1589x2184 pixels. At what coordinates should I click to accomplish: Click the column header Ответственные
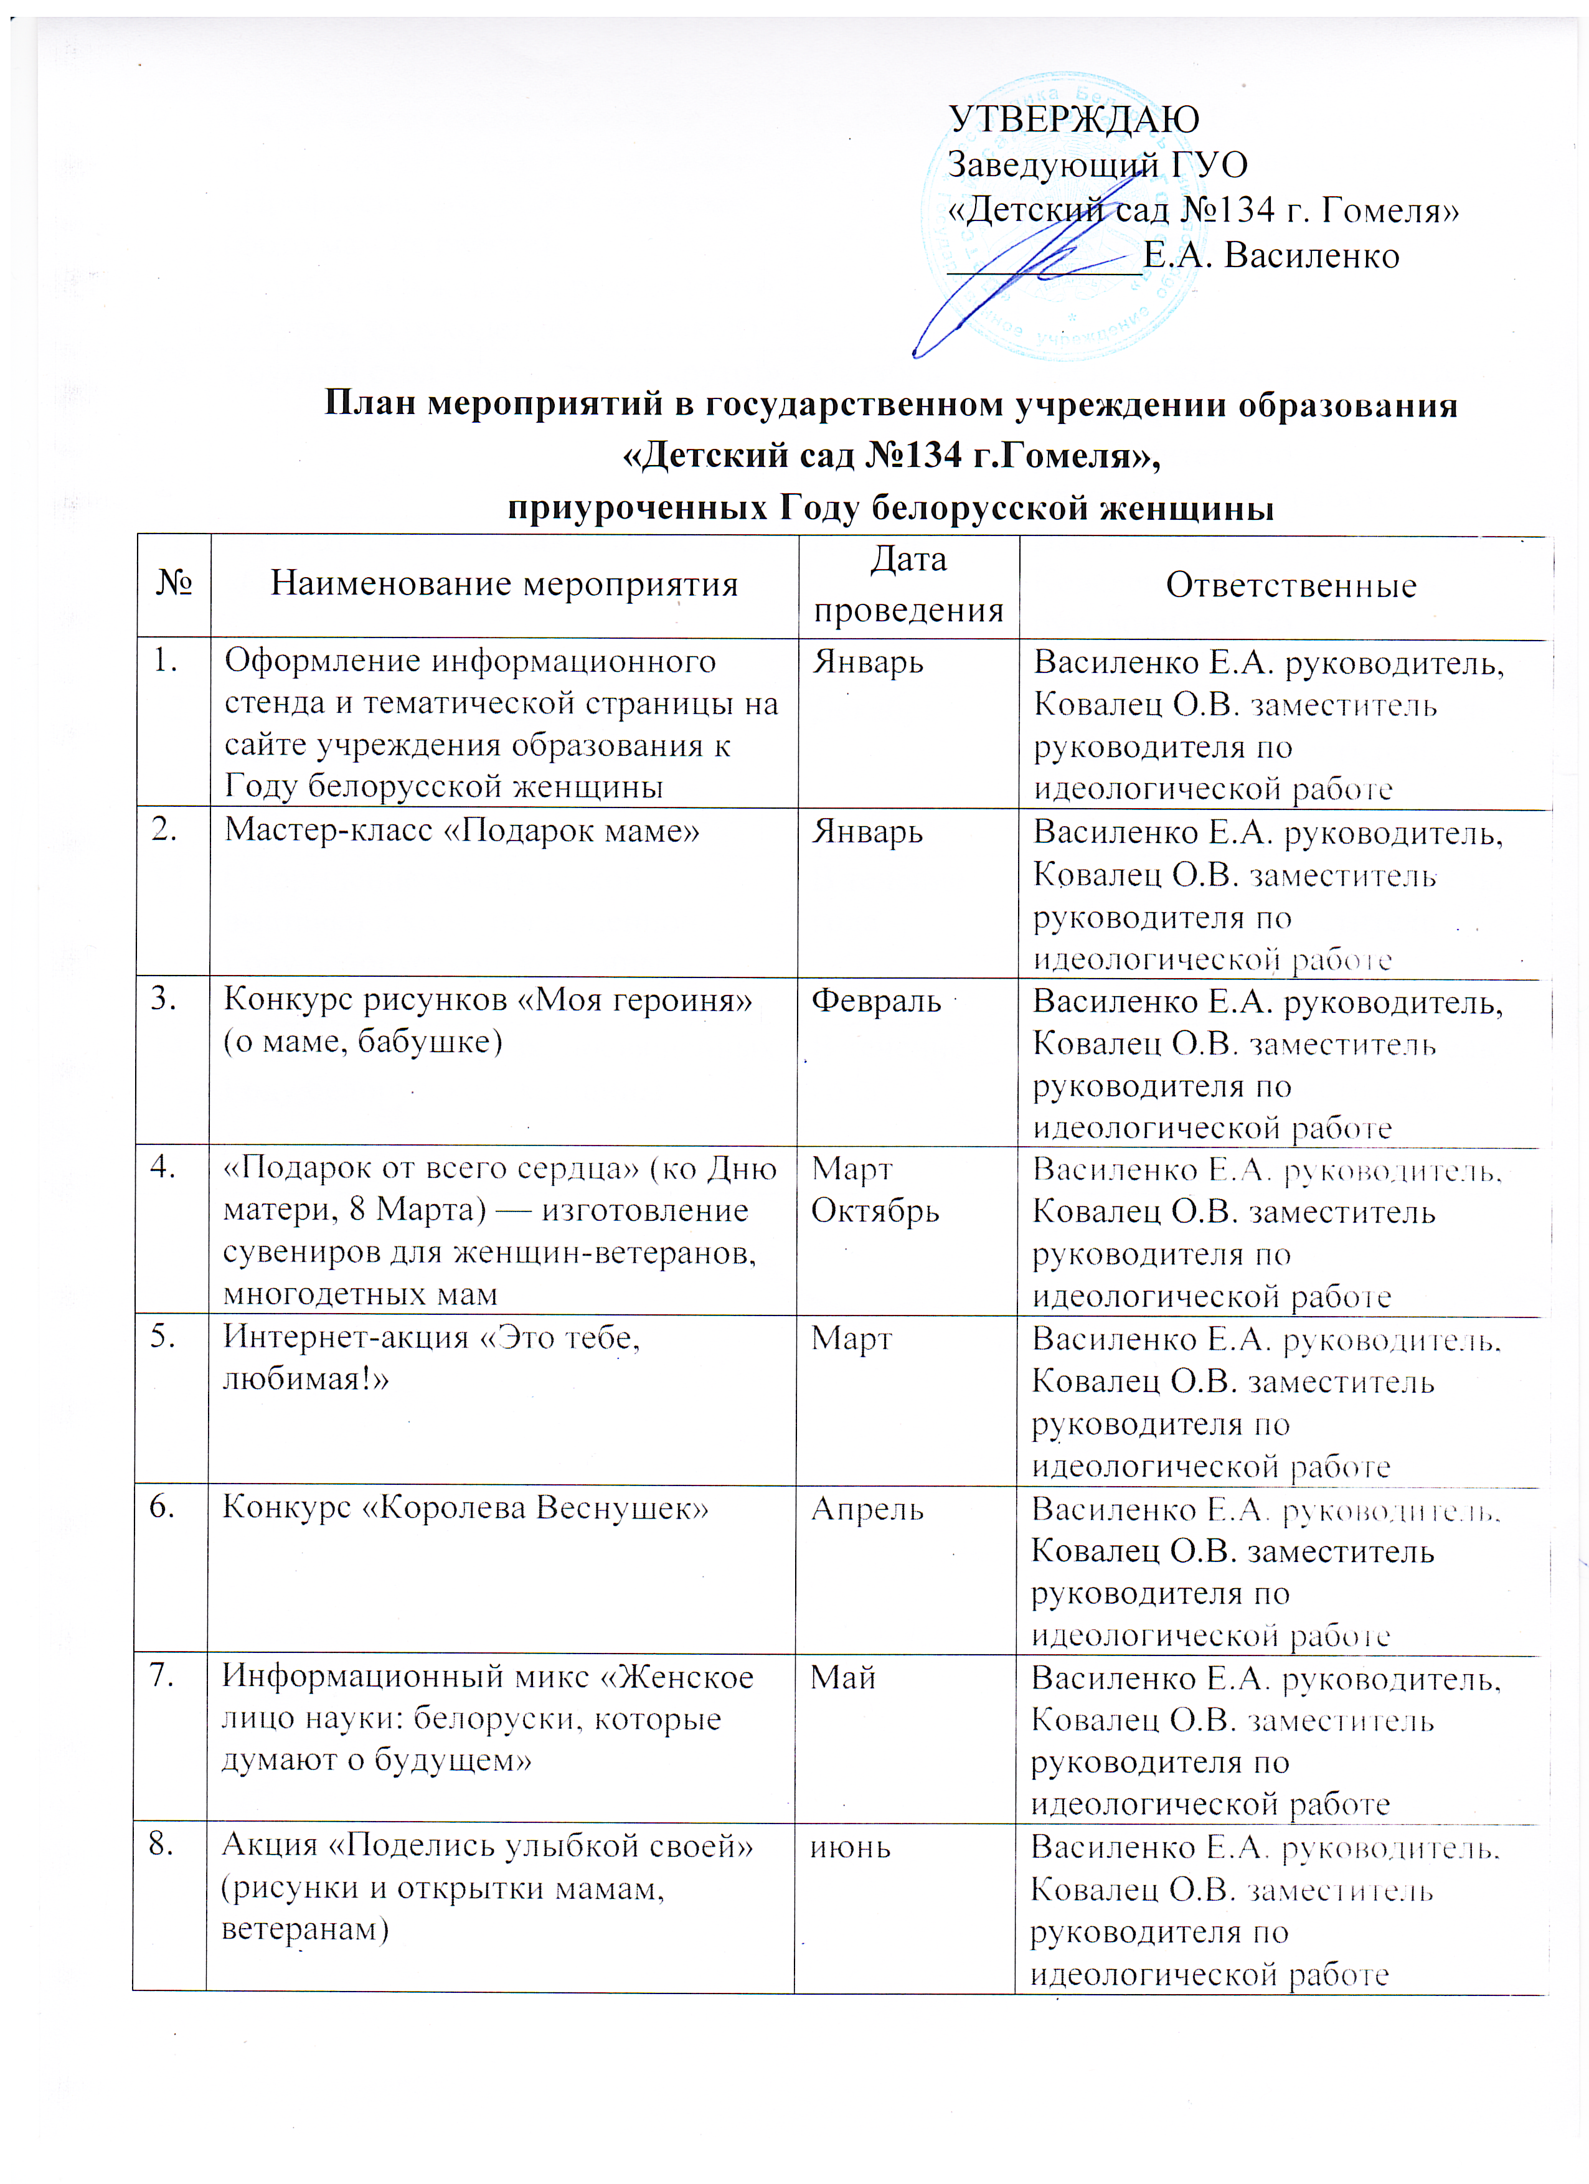coord(1291,585)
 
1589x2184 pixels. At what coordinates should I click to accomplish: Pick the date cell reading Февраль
coord(875,1000)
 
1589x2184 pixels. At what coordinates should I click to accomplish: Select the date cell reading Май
coord(842,1677)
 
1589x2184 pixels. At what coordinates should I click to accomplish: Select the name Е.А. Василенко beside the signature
coord(1271,256)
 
